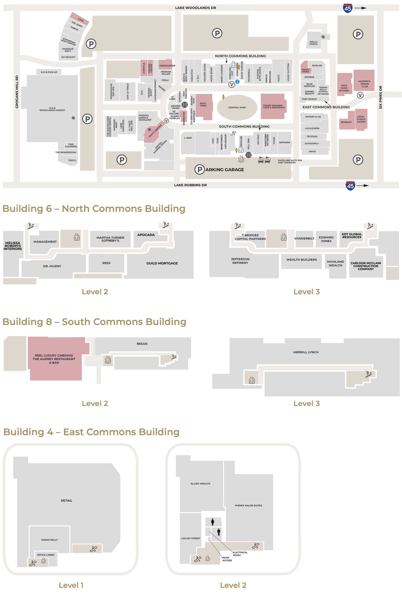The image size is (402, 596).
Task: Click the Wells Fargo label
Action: [313, 43]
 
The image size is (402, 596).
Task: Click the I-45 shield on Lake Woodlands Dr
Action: [348, 8]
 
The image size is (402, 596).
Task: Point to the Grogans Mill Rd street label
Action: [17, 92]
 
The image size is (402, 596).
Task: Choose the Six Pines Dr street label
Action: [380, 97]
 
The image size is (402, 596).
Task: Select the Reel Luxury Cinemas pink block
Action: [56, 359]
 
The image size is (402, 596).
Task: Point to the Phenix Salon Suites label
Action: [249, 505]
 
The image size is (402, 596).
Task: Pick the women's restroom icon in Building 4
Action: [212, 522]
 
